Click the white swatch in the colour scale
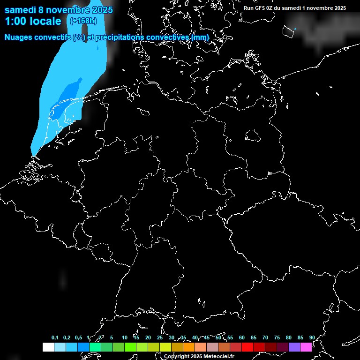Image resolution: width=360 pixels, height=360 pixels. [48, 347]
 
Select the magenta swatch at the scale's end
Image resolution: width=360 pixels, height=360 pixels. [306, 347]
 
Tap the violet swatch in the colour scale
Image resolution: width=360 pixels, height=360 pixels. [294, 347]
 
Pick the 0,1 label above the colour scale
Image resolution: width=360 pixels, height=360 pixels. [55, 337]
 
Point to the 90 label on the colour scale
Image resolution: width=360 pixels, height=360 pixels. [312, 337]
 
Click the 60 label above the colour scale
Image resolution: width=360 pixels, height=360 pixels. [242, 337]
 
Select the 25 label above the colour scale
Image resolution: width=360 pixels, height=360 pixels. [160, 337]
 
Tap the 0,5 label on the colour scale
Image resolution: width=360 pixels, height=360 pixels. [78, 337]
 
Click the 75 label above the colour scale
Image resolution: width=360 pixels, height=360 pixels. [277, 337]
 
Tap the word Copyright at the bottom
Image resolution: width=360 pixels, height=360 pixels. [177, 357]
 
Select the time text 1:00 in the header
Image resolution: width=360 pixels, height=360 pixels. [15, 21]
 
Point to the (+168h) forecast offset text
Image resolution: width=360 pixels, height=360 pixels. [83, 21]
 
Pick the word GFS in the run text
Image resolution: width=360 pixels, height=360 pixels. [260, 8]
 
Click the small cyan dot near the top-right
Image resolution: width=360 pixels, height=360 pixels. [295, 29]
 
